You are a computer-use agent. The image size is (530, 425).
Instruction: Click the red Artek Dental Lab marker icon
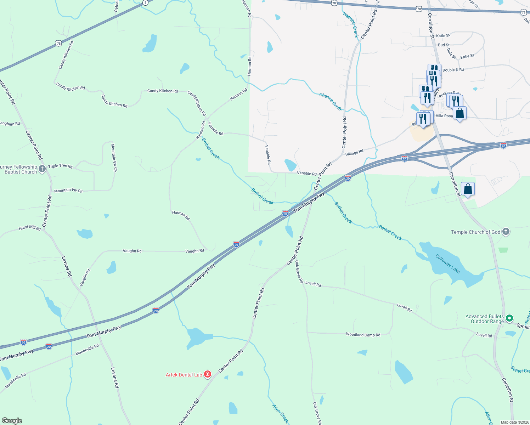pos(208,374)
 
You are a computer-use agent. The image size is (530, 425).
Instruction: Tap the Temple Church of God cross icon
pos(506,232)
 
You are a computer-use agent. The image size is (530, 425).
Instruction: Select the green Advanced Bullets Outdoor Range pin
pos(509,318)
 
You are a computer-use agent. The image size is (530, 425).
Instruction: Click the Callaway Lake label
pos(448,264)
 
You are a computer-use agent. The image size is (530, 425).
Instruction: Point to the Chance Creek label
pos(331,102)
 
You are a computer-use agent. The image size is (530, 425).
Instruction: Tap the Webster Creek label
pos(351,24)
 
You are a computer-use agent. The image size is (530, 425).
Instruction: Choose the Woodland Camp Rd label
pos(363,335)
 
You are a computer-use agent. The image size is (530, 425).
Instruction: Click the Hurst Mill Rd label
pos(30,228)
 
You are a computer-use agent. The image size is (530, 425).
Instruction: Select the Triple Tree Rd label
pos(60,166)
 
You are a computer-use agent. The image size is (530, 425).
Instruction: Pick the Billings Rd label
pos(354,153)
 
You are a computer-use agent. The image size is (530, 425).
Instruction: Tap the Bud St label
pos(444,45)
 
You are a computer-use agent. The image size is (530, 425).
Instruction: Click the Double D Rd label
pos(453,70)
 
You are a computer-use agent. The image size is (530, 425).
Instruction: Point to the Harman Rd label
pos(181,215)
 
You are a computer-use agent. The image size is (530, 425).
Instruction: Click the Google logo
pos(12,420)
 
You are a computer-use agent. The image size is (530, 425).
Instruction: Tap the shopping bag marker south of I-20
pos(468,189)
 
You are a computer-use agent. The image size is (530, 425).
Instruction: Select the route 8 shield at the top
pos(145,2)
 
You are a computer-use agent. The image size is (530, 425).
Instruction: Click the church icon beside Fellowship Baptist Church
pos(42,169)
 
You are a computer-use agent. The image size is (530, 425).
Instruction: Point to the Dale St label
pos(451,53)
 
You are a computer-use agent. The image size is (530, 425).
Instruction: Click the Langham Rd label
pos(10,124)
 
